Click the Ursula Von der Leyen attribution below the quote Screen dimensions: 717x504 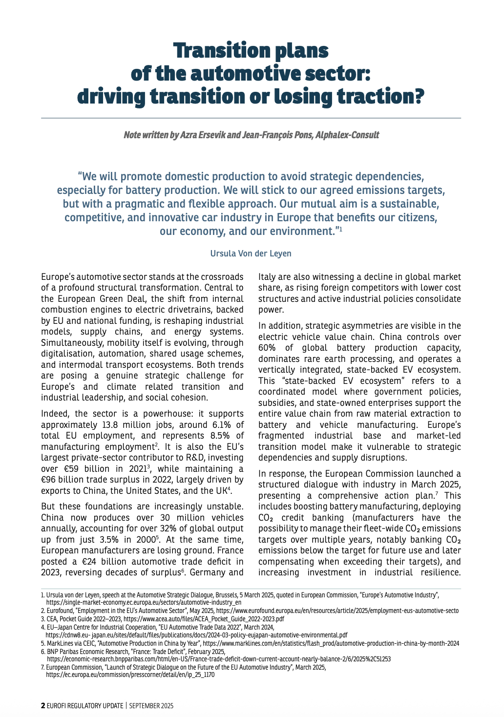[x=251, y=253]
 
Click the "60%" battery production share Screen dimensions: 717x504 [x=267, y=348]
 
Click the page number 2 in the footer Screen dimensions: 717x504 [x=43, y=706]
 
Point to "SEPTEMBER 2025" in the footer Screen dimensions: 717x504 [x=151, y=706]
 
